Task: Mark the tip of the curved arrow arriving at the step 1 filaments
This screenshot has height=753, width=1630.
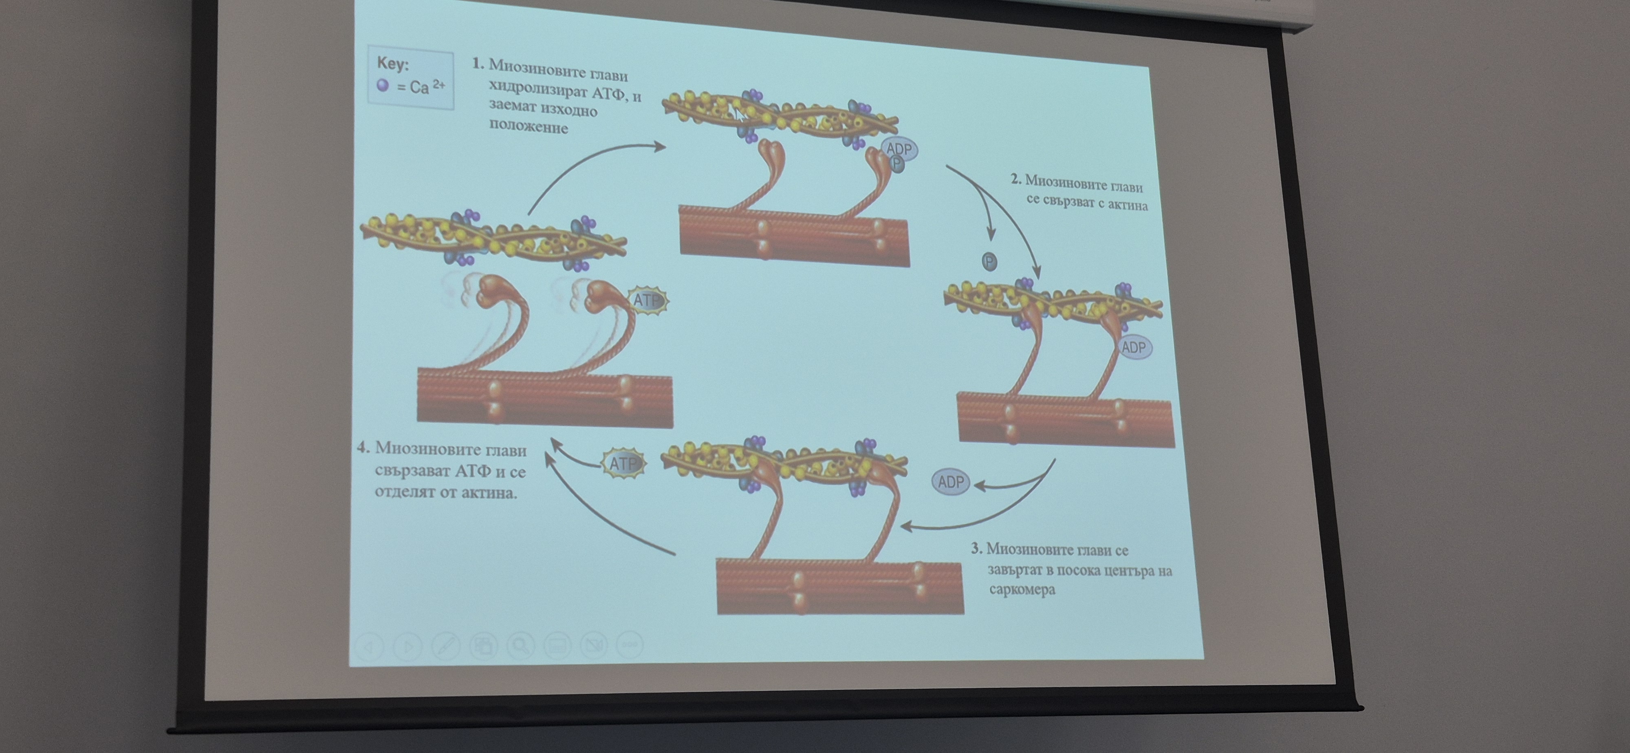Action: click(x=666, y=147)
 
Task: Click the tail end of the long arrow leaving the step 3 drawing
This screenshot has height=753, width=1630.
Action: click(x=675, y=554)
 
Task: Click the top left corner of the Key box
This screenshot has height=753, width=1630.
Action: click(x=368, y=45)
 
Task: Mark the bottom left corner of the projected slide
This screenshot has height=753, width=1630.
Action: click(x=349, y=666)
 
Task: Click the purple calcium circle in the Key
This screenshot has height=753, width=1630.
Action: click(x=382, y=85)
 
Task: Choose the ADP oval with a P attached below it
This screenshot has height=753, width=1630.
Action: click(x=899, y=149)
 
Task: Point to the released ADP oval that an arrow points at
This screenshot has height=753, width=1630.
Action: click(x=950, y=482)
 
